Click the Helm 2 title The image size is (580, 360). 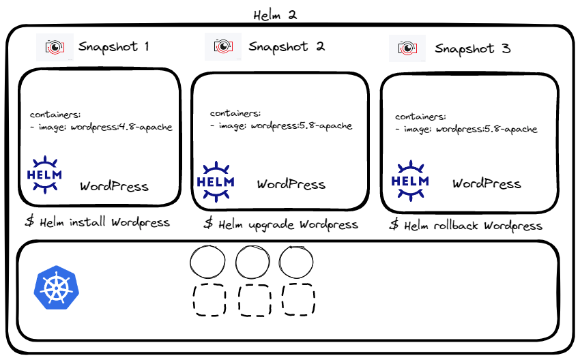point(275,15)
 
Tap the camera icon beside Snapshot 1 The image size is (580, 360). point(55,47)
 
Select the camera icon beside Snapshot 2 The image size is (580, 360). point(223,46)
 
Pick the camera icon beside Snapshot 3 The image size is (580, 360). point(407,48)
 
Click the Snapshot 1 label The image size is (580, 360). point(113,46)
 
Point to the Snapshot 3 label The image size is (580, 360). point(473,48)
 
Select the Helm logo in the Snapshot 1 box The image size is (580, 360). point(44,175)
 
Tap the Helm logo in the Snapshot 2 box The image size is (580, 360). point(216,181)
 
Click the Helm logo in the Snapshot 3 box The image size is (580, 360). point(410,181)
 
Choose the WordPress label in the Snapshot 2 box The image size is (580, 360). point(291,184)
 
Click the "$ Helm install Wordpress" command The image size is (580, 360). point(98,222)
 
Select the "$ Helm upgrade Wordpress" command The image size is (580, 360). point(280,224)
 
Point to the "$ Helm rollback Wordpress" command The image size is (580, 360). point(465,226)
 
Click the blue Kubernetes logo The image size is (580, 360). point(56,287)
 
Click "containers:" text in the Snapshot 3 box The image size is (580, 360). point(420,117)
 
